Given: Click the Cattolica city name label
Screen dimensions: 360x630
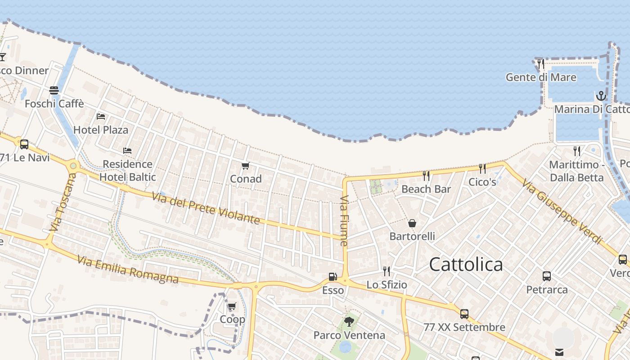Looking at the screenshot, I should pyautogui.click(x=466, y=264).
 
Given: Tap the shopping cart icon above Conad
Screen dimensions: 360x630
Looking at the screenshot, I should pyautogui.click(x=245, y=166).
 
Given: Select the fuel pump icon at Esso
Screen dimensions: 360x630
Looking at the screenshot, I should pyautogui.click(x=333, y=277).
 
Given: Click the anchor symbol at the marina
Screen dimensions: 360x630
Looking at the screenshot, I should pyautogui.click(x=601, y=96).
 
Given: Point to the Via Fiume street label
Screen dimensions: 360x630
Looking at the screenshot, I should pyautogui.click(x=345, y=220).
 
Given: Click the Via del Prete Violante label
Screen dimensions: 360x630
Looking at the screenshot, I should pyautogui.click(x=206, y=208).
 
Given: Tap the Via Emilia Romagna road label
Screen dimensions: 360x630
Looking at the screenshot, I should pyautogui.click(x=127, y=270).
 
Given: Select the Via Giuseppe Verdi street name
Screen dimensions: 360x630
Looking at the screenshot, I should pyautogui.click(x=562, y=211).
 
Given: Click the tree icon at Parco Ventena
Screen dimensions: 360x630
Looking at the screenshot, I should pyautogui.click(x=349, y=321).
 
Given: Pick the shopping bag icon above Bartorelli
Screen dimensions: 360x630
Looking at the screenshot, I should pyautogui.click(x=412, y=223).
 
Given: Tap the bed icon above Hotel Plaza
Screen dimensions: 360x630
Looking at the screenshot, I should pyautogui.click(x=101, y=117).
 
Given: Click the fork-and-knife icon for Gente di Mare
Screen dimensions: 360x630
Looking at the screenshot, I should pyautogui.click(x=540, y=63).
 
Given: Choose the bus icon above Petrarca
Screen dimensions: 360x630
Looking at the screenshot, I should pyautogui.click(x=547, y=276).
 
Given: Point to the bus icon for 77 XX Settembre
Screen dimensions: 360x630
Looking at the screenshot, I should pyautogui.click(x=464, y=314).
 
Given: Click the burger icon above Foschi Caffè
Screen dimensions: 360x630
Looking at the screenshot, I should pyautogui.click(x=54, y=90).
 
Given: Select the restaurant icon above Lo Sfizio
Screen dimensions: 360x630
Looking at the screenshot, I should pyautogui.click(x=386, y=271).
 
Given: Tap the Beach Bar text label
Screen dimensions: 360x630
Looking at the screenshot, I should pyautogui.click(x=426, y=189).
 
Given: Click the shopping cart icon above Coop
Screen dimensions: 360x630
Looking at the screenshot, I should pyautogui.click(x=232, y=306).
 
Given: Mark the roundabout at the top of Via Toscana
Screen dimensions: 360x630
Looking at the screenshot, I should pyautogui.click(x=73, y=166).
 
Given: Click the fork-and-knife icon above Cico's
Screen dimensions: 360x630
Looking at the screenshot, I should pyautogui.click(x=482, y=169).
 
